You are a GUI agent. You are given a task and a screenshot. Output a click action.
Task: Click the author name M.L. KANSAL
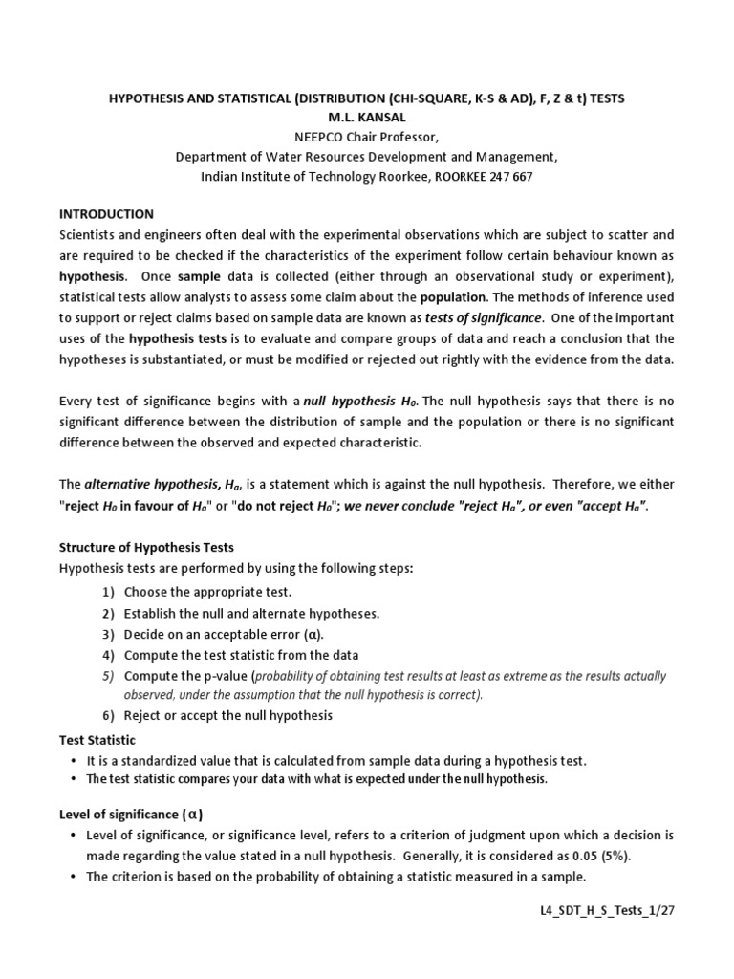tap(366, 119)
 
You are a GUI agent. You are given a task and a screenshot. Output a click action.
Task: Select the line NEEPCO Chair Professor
tap(366, 138)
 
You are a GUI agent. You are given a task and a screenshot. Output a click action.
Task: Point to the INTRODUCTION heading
tap(106, 214)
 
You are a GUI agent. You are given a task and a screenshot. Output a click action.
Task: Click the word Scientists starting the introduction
tap(93, 234)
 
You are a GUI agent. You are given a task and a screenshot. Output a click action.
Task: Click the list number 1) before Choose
tap(109, 593)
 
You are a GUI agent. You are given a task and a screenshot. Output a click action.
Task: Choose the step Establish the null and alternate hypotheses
tap(238, 613)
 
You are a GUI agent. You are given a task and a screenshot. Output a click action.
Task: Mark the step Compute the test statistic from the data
tap(241, 655)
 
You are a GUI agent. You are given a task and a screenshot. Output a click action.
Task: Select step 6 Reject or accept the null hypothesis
tap(228, 715)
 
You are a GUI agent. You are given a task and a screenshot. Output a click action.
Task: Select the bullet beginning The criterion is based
tap(335, 878)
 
